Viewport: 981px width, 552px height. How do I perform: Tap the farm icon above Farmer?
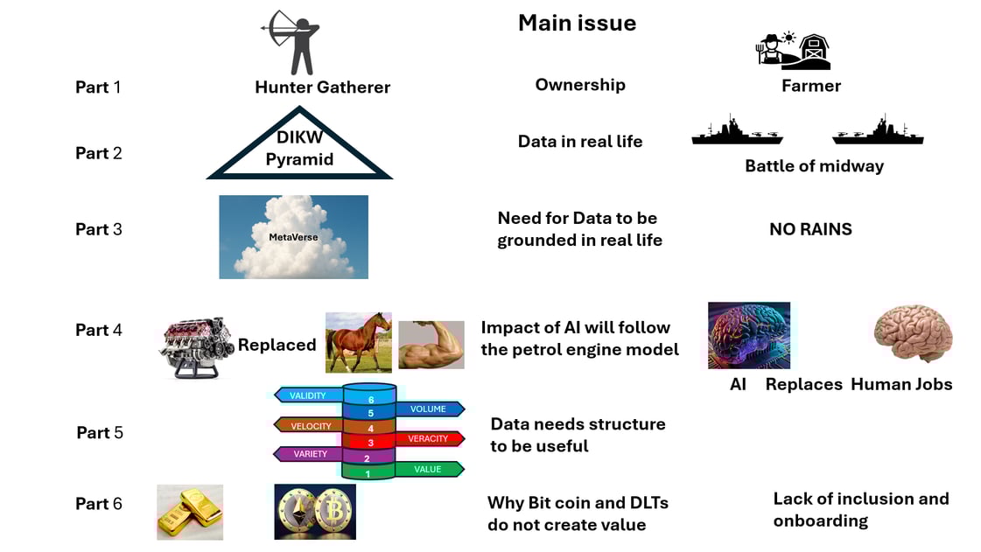pyautogui.click(x=793, y=51)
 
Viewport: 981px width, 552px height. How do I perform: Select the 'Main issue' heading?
pyautogui.click(x=577, y=23)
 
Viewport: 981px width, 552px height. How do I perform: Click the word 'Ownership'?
pyautogui.click(x=580, y=85)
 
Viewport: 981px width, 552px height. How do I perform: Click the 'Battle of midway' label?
pyautogui.click(x=814, y=166)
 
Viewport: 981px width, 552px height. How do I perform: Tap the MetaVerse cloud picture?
pyautogui.click(x=293, y=236)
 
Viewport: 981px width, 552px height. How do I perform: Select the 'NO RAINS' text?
pyautogui.click(x=810, y=229)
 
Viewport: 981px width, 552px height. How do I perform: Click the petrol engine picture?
pyautogui.click(x=195, y=347)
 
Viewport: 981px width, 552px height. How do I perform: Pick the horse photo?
pyautogui.click(x=358, y=342)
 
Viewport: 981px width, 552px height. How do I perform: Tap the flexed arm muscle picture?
pyautogui.click(x=431, y=345)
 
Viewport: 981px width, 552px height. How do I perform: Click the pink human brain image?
pyautogui.click(x=912, y=334)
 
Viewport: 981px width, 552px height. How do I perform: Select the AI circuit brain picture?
pyautogui.click(x=748, y=335)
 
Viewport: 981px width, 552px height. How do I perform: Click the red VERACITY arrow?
pyautogui.click(x=429, y=438)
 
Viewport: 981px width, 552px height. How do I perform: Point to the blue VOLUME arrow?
pyautogui.click(x=429, y=409)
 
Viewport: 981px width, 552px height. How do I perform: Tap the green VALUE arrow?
pyautogui.click(x=428, y=469)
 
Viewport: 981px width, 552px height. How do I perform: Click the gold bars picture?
pyautogui.click(x=189, y=512)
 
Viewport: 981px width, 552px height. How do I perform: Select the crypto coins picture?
pyautogui.click(x=314, y=512)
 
